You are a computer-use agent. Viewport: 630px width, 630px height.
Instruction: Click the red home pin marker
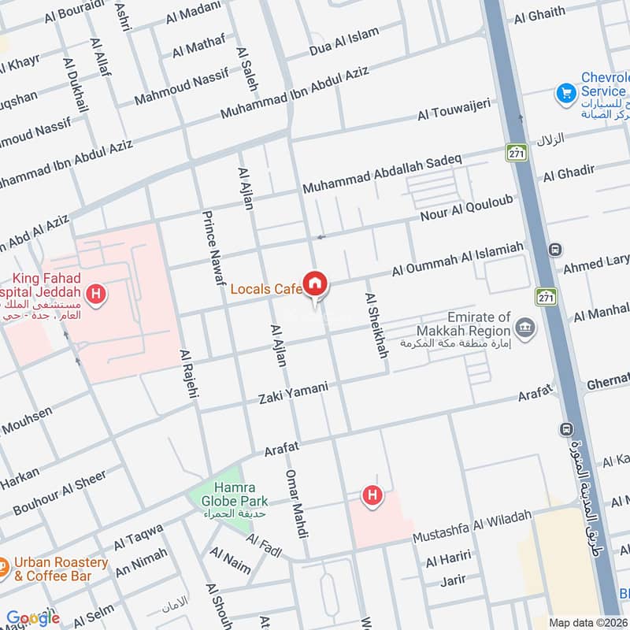pos(316,283)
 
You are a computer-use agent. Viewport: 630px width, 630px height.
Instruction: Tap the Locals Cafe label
pos(266,289)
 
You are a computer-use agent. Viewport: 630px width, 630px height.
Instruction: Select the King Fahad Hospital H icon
pos(96,295)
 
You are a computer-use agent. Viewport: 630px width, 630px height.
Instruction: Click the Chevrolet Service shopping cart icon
pos(565,94)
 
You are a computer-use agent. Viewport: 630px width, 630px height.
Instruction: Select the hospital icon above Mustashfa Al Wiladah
pos(371,496)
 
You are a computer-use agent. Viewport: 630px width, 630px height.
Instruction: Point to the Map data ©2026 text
pos(587,622)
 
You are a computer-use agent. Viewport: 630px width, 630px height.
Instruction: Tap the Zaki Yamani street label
pos(293,394)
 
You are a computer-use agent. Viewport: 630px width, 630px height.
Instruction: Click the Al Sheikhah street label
pos(375,324)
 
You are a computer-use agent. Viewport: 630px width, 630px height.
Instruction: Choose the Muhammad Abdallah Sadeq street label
pos(382,175)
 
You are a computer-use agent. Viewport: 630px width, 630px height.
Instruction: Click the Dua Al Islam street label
pos(344,42)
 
